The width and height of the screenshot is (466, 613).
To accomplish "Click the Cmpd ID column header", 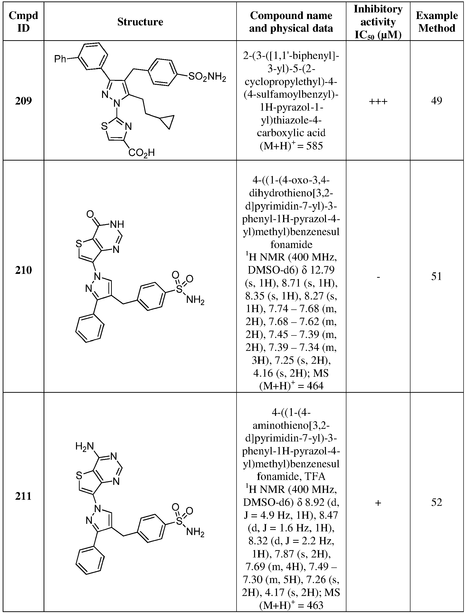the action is click(x=23, y=22).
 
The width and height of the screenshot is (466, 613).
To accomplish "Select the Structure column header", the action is click(x=140, y=22).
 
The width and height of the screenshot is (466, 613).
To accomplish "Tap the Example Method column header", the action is click(x=437, y=22).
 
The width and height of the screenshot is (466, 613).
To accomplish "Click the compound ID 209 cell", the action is click(x=23, y=101).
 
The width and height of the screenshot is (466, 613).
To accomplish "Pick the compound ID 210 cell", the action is click(x=23, y=270).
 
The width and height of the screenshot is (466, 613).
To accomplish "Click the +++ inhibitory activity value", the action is click(x=378, y=101).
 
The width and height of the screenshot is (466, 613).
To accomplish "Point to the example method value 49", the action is click(x=437, y=101).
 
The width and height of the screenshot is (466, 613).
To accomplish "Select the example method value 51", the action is click(x=437, y=276).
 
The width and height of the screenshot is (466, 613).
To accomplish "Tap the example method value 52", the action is click(x=437, y=502).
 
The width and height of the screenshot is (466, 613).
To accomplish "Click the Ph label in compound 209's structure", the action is click(x=60, y=59).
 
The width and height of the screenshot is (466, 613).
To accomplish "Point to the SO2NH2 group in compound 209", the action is click(x=207, y=77).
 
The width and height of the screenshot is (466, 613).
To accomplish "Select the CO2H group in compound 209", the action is click(x=142, y=153).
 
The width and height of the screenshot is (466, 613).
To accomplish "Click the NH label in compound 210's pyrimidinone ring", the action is click(x=117, y=224).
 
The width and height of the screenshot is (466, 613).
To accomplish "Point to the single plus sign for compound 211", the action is click(x=378, y=503).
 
